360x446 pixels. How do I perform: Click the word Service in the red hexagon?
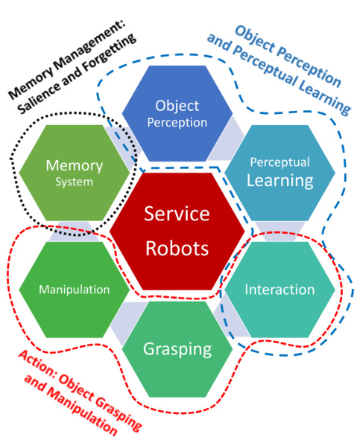pyautogui.click(x=177, y=214)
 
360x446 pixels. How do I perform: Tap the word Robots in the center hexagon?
pyautogui.click(x=177, y=248)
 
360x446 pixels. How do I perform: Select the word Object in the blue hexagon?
pyautogui.click(x=177, y=106)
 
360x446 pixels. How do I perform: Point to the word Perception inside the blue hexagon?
pyautogui.click(x=177, y=123)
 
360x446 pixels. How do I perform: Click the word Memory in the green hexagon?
pyautogui.click(x=75, y=166)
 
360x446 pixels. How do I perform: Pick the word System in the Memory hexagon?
pyautogui.click(x=74, y=182)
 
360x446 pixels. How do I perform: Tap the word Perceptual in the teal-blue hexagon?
pyautogui.click(x=280, y=162)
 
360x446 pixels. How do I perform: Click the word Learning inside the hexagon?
pyautogui.click(x=280, y=181)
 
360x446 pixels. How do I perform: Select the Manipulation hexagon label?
pyautogui.click(x=74, y=290)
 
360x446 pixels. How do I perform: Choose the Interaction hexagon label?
pyautogui.click(x=280, y=290)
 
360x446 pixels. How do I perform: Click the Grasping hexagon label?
pyautogui.click(x=177, y=349)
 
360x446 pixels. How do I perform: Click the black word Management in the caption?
pyautogui.click(x=89, y=45)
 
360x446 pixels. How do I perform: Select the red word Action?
pyautogui.click(x=37, y=364)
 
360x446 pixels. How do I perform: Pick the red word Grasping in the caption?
pyautogui.click(x=119, y=410)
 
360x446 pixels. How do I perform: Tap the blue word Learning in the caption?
pyautogui.click(x=325, y=98)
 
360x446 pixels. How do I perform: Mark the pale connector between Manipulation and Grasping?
pyautogui.click(x=124, y=318)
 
